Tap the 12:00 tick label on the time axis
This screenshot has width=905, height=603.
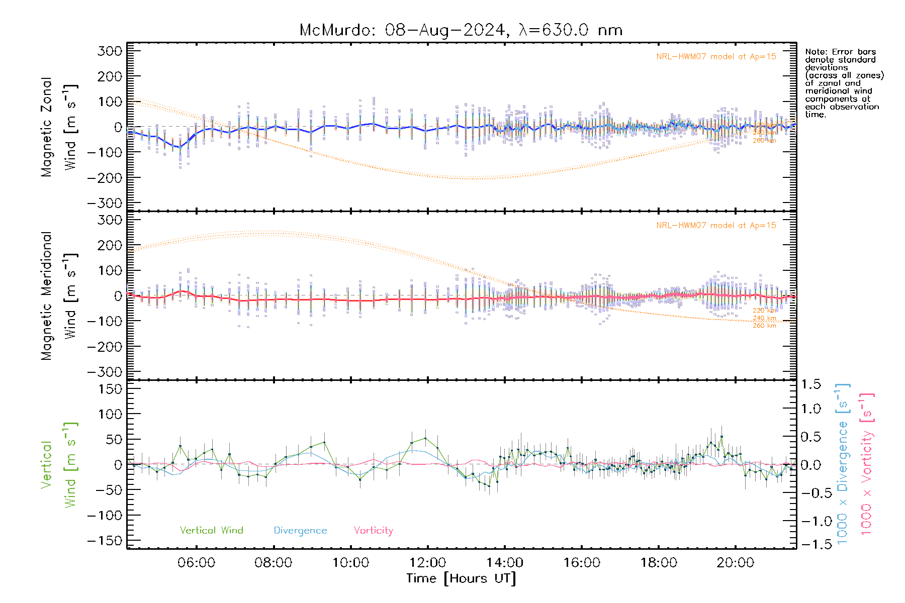[427, 562]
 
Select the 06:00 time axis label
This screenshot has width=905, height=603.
[196, 562]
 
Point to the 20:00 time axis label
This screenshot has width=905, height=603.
[735, 562]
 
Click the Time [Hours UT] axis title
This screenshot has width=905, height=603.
[461, 578]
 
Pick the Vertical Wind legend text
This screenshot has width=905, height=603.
[211, 530]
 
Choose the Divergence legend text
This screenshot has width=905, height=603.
[300, 530]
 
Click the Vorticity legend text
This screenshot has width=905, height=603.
[373, 530]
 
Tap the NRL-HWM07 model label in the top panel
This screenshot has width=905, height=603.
[716, 56]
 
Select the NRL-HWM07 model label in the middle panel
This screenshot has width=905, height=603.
[716, 225]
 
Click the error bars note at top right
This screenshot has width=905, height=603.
[844, 83]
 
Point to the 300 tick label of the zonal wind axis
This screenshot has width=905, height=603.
[110, 51]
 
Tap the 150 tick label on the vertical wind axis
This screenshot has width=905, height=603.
[110, 389]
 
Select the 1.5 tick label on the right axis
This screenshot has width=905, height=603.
[810, 384]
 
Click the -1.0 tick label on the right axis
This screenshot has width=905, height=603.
[810, 521]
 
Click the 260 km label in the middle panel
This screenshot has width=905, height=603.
[764, 326]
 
